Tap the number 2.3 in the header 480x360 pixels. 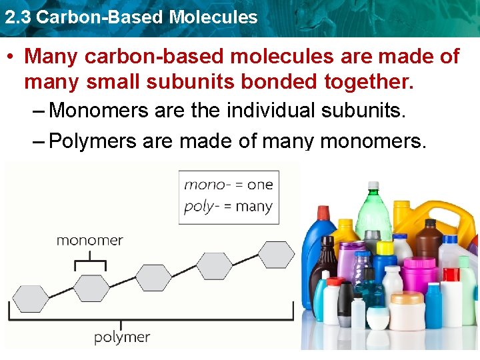[x=17, y=17]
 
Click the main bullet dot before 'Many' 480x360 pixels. [x=11, y=57]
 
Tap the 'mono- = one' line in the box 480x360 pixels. [x=229, y=185]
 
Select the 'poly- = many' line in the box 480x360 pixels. [x=229, y=206]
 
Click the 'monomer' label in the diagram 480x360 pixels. [x=89, y=241]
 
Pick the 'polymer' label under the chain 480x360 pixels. [x=122, y=337]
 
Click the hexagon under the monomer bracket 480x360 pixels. [x=91, y=288]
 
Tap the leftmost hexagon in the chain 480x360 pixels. [x=30, y=298]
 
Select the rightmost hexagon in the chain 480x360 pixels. [x=275, y=255]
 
